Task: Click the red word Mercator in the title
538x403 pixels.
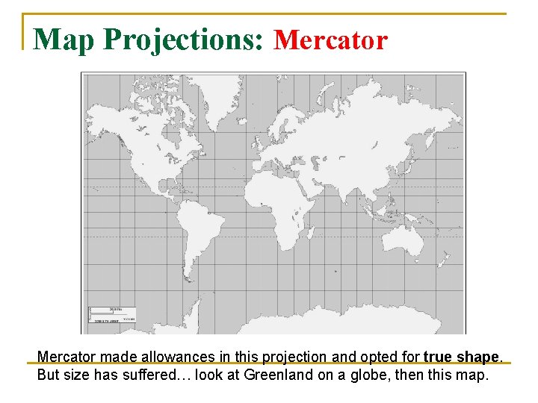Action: (331, 39)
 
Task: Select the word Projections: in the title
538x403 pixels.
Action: (184, 40)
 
